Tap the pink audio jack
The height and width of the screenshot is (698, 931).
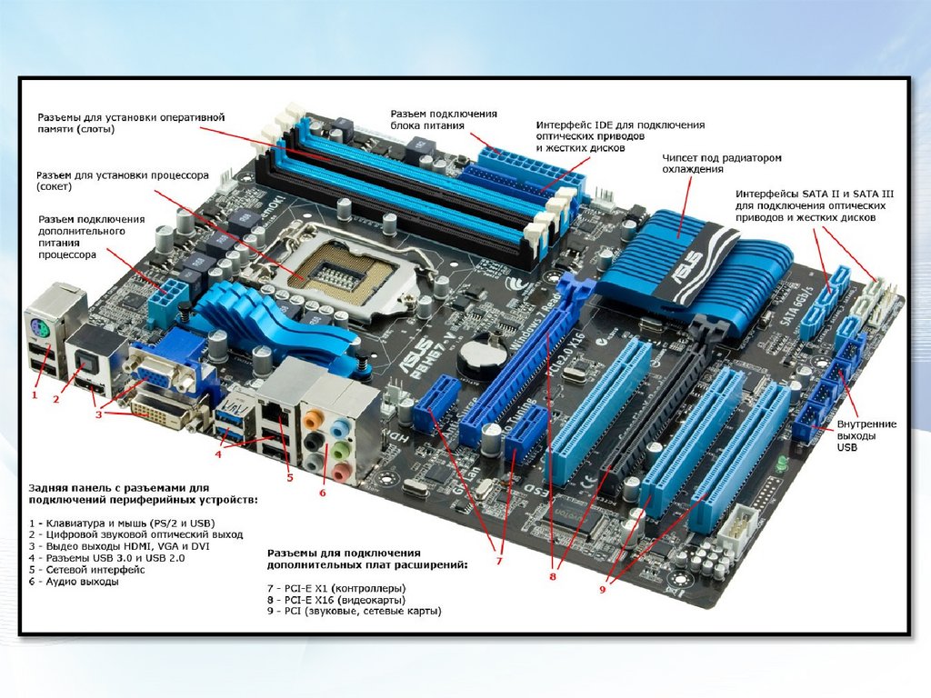click(340, 472)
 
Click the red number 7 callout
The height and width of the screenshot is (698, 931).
click(499, 560)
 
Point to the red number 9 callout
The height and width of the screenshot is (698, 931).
click(602, 589)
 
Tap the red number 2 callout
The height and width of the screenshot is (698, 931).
click(56, 399)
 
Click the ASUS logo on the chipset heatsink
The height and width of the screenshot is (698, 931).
click(689, 269)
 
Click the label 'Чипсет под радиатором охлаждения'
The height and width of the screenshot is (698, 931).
click(721, 164)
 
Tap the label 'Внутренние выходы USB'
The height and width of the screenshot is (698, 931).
click(866, 435)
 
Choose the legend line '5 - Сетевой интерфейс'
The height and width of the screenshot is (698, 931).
click(86, 570)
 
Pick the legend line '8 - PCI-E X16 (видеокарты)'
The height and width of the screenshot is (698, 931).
click(336, 600)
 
